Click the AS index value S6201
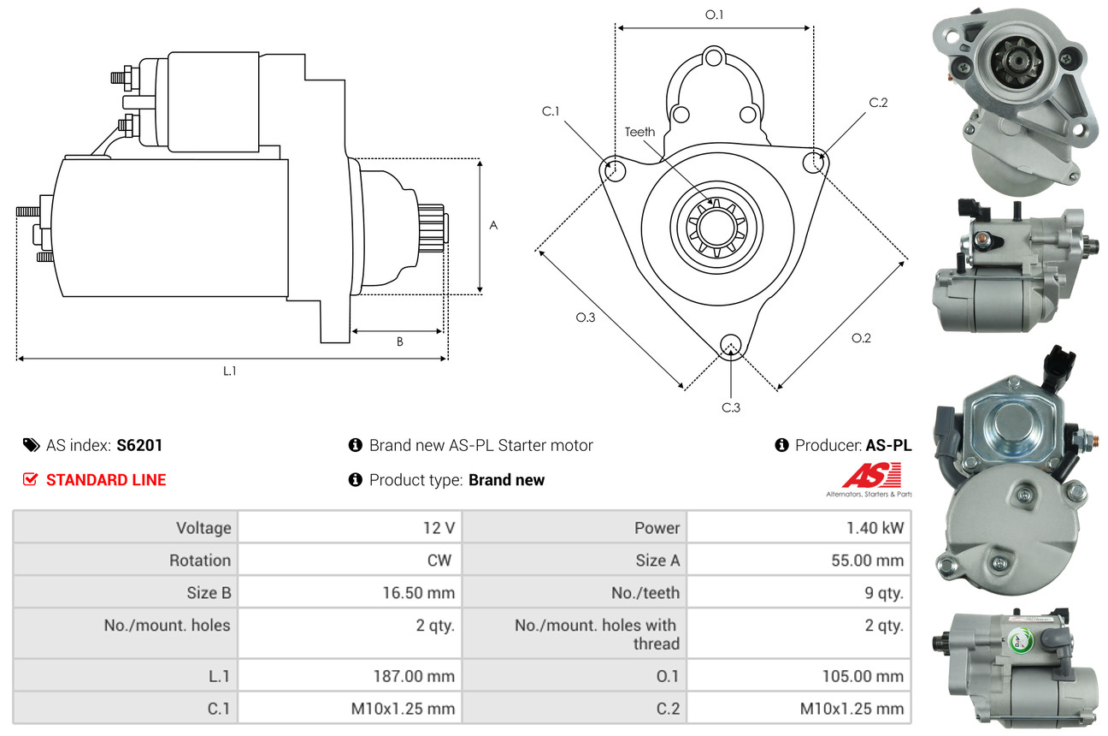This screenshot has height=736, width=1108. coord(139,445)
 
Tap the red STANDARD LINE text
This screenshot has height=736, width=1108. coord(106,480)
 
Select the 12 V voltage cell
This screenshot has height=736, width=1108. coord(439,528)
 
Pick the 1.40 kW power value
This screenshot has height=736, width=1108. coord(875,528)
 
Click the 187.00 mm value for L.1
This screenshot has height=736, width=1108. coord(414,676)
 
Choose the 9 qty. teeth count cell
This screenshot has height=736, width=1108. coord(883,593)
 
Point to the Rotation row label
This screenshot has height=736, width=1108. coord(200,561)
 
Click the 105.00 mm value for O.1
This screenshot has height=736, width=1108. coord(863,676)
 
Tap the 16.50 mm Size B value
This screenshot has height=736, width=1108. coord(418,593)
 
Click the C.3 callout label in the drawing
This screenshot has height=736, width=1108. coord(731,407)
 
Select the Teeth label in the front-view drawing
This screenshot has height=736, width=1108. coord(639,132)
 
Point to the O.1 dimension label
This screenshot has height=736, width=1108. coord(714,15)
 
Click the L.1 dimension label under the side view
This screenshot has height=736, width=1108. coord(229,371)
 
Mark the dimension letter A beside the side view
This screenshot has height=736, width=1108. coord(493,225)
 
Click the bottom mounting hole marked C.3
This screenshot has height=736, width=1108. coord(731,345)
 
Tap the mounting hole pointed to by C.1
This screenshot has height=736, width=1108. coord(615,170)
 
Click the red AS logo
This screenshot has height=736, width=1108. coord(871,475)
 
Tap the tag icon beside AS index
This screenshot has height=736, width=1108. coord(32,445)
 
